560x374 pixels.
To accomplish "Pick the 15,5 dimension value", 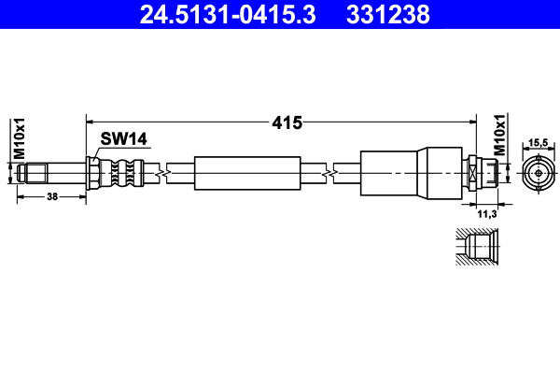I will click(539, 142).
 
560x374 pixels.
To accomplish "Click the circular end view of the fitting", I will click(539, 173).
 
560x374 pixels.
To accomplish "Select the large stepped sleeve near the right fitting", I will click(411, 173).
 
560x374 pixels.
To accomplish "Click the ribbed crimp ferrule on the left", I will click(121, 173).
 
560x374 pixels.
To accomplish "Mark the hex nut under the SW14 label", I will click(94, 173).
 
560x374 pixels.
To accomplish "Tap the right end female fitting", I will click(478, 173).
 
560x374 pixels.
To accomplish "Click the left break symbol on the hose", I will click(165, 173).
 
